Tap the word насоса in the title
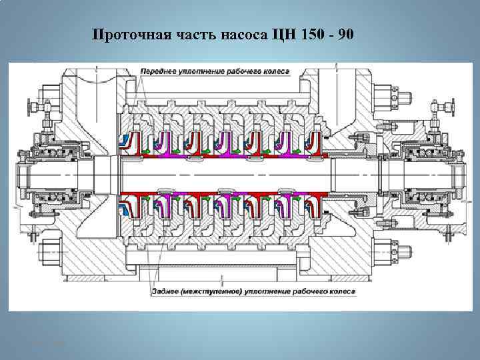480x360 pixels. pos(243,35)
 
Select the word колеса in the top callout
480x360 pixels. pos(275,71)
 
